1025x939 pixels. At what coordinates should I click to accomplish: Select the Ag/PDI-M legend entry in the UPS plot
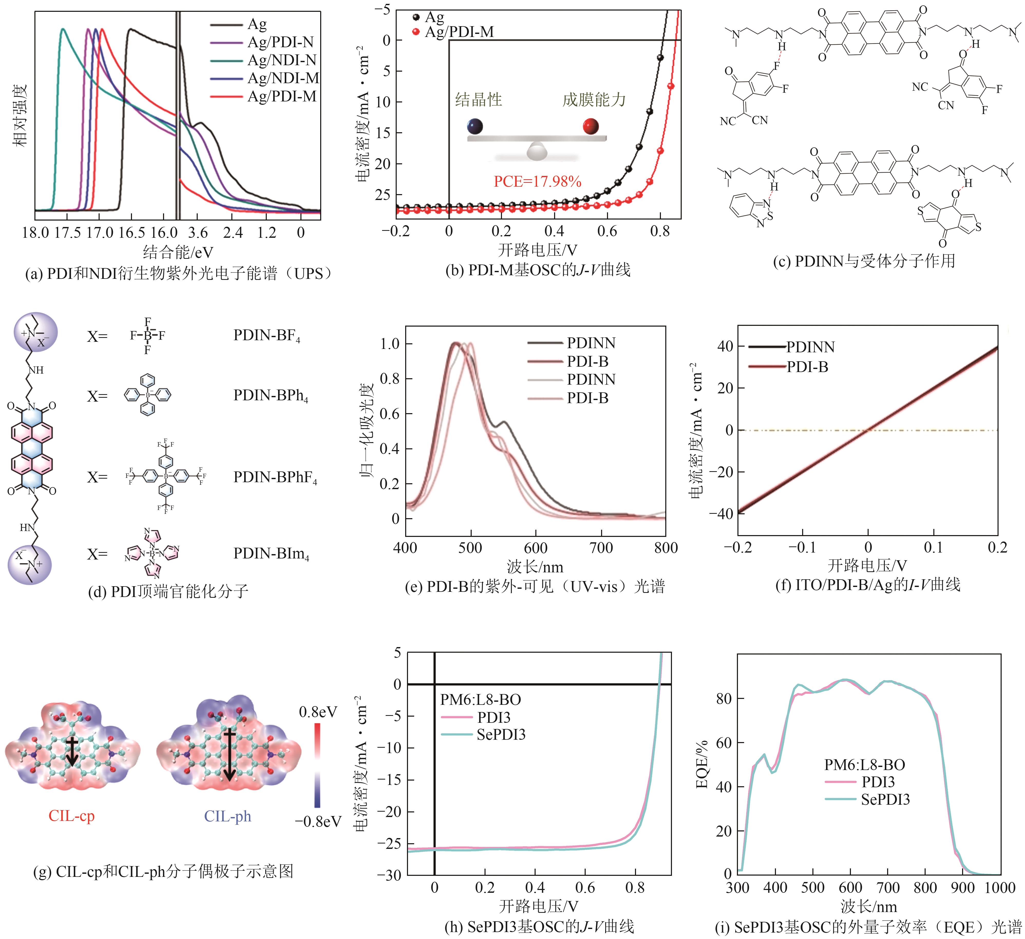tap(282, 96)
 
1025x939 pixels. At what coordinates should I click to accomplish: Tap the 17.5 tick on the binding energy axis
tap(67, 233)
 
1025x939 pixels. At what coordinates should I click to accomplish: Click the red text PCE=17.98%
tap(537, 182)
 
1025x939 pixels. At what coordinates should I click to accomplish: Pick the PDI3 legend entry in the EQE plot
tap(878, 782)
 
